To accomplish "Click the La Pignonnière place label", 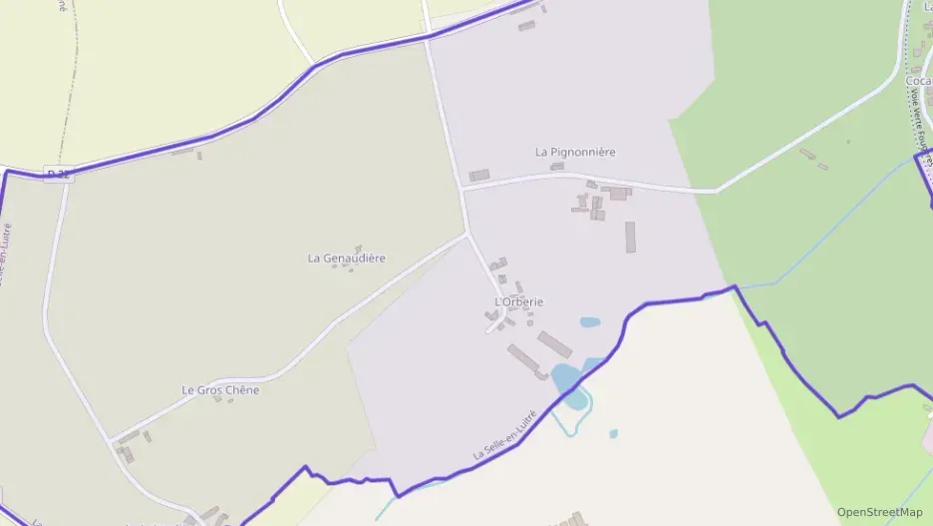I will coord(575,152).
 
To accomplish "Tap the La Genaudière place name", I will coord(346,258).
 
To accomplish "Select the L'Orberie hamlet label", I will coord(519,301).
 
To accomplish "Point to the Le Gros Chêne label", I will coord(220,390).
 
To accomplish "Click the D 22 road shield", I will coord(59,175).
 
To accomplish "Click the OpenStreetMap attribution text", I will coord(879,512).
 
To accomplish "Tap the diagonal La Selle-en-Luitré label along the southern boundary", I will coord(504,436).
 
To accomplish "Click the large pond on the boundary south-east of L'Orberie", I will coord(566,383).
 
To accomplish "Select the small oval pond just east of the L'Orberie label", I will coord(590,322).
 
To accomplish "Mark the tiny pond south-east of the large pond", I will coord(613,433).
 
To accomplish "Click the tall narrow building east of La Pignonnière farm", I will coord(630,237).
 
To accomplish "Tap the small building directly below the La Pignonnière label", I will coord(557,167).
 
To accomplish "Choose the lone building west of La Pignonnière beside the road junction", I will coord(479,175).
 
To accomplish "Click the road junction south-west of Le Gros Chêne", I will coord(109,437).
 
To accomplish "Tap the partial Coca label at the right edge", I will coord(919,82).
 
